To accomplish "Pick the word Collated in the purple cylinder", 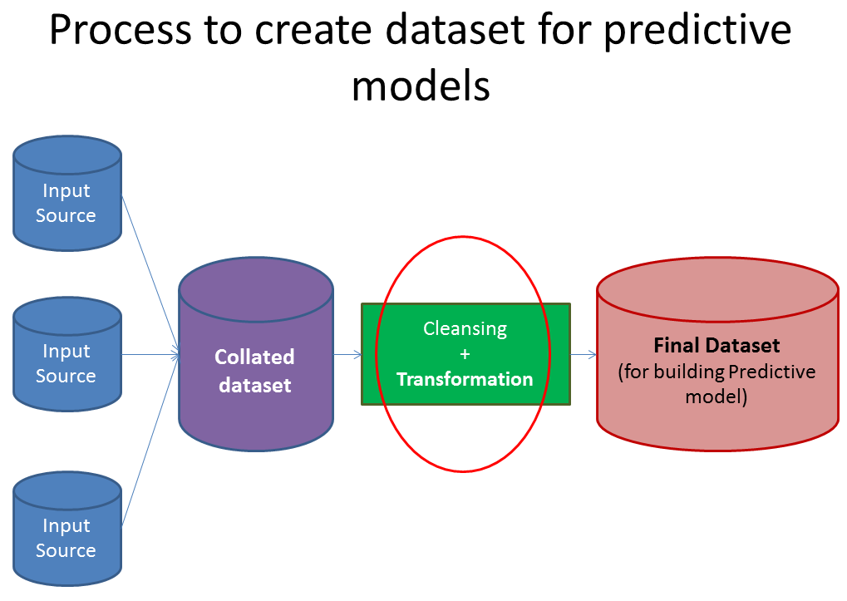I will (x=254, y=357).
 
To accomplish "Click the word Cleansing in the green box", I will (x=465, y=328).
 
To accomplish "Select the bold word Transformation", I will (x=465, y=379).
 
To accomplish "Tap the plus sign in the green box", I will (x=465, y=354).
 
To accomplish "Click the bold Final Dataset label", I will (x=717, y=344).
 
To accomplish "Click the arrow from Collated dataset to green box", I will (x=347, y=355).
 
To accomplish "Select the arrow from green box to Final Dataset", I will (x=584, y=355).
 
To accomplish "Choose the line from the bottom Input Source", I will (x=150, y=441).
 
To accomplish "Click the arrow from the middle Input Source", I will (x=150, y=355).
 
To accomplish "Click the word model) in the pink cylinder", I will (x=717, y=397).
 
